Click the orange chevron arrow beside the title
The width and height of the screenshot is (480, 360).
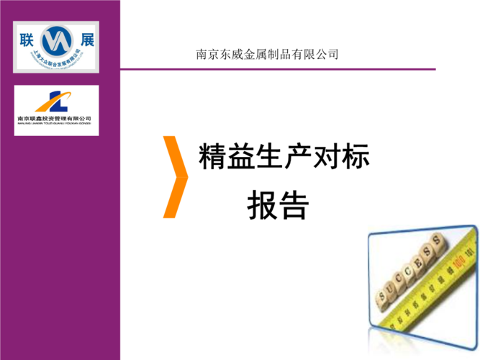click(x=176, y=176)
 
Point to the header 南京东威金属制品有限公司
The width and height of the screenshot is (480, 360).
click(x=267, y=54)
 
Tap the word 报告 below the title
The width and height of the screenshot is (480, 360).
click(x=278, y=206)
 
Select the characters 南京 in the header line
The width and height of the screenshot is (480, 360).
click(x=209, y=54)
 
